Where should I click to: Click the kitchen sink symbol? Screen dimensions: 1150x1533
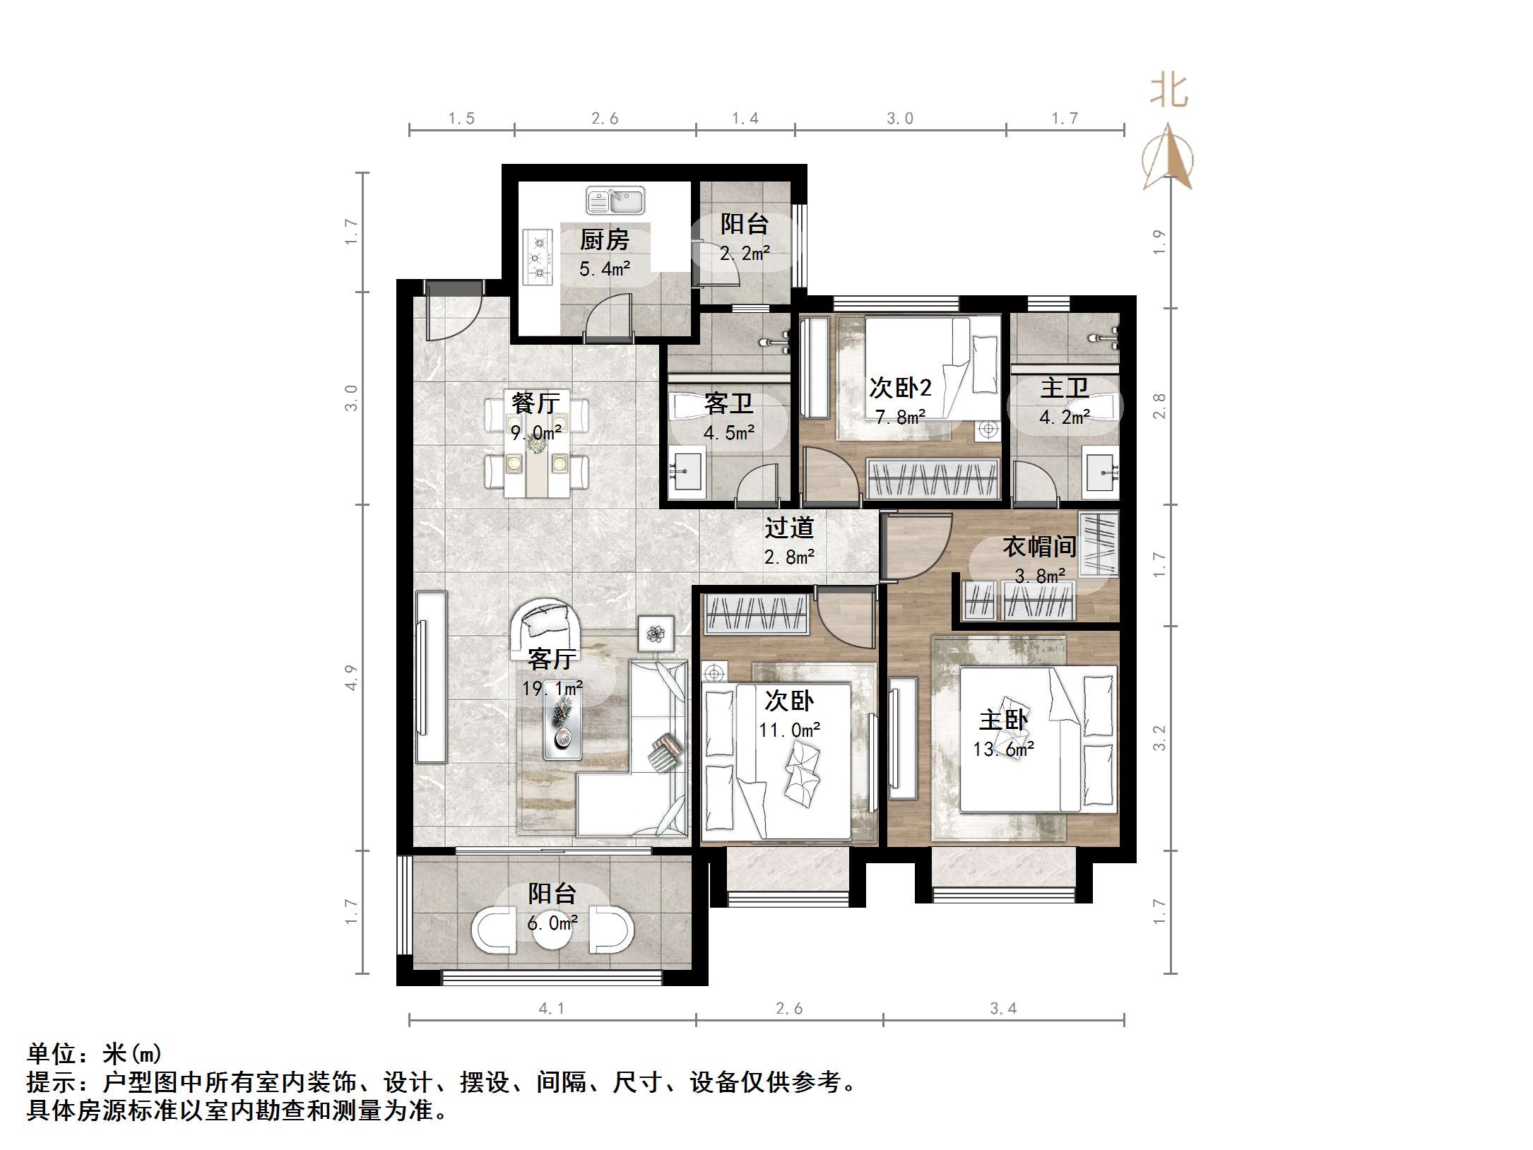tap(615, 200)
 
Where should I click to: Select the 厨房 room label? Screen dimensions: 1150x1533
tap(604, 240)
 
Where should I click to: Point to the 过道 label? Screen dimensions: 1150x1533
tap(789, 528)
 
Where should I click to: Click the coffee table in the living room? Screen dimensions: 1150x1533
tap(562, 728)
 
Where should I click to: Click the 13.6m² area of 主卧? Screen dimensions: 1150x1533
tap(1003, 749)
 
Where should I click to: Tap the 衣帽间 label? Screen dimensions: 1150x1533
tap(1039, 546)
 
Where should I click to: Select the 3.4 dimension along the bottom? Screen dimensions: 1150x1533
tap(1002, 1008)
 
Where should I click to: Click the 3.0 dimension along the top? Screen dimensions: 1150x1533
tap(899, 119)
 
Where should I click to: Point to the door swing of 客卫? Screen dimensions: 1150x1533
tap(758, 483)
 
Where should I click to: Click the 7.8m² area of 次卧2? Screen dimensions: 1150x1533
tap(900, 417)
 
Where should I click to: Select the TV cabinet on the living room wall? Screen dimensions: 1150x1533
tap(430, 677)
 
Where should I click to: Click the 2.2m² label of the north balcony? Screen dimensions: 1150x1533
tap(744, 254)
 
